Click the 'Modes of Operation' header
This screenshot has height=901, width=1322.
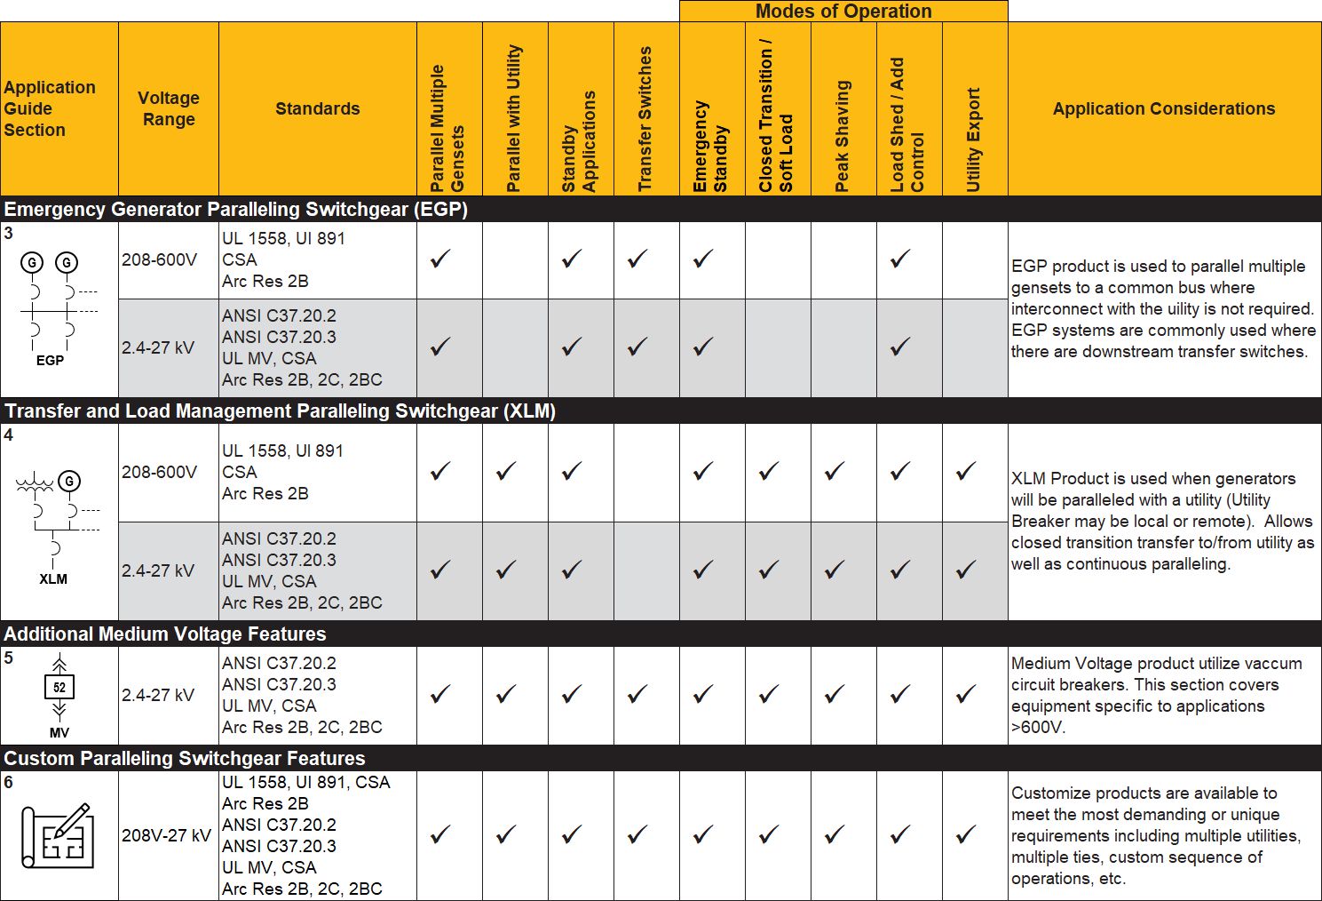tap(843, 12)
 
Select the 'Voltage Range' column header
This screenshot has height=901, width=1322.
tap(169, 108)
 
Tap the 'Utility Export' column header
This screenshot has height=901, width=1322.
tap(974, 140)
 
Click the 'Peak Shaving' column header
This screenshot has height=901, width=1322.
tap(843, 136)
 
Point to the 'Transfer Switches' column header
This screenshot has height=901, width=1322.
tap(645, 119)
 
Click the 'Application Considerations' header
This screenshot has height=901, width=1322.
tap(1164, 108)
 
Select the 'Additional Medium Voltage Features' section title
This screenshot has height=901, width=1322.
tap(165, 634)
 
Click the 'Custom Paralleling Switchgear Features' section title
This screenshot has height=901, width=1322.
tap(185, 759)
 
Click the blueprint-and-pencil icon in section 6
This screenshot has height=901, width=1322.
tap(58, 836)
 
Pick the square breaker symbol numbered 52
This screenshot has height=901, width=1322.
tap(59, 687)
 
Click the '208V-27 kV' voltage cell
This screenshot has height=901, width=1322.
tap(167, 835)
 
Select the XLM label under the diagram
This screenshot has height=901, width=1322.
tap(53, 578)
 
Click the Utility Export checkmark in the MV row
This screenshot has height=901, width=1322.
tap(966, 694)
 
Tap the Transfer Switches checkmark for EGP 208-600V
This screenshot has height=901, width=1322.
tap(637, 259)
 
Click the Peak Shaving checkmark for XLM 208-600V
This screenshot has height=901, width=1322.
tap(835, 472)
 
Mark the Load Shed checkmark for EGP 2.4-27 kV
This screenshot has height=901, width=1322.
tap(900, 347)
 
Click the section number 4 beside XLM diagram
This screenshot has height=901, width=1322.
tap(9, 435)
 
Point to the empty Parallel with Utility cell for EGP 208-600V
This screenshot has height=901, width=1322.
tap(515, 259)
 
